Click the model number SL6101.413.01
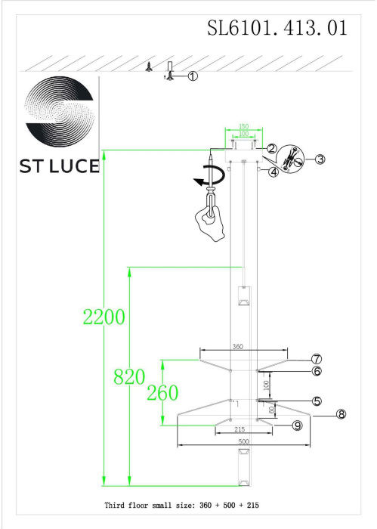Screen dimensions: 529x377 [x=277, y=28]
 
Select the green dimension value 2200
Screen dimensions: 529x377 [x=104, y=317]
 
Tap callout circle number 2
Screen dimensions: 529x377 [x=271, y=150]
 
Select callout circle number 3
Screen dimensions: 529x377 [x=320, y=159]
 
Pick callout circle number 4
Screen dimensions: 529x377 [x=273, y=172]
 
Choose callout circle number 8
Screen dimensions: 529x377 [x=341, y=414]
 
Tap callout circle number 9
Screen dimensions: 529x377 [x=297, y=426]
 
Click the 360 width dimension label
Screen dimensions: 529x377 [x=237, y=347]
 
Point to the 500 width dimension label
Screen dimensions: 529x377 [x=241, y=441]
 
